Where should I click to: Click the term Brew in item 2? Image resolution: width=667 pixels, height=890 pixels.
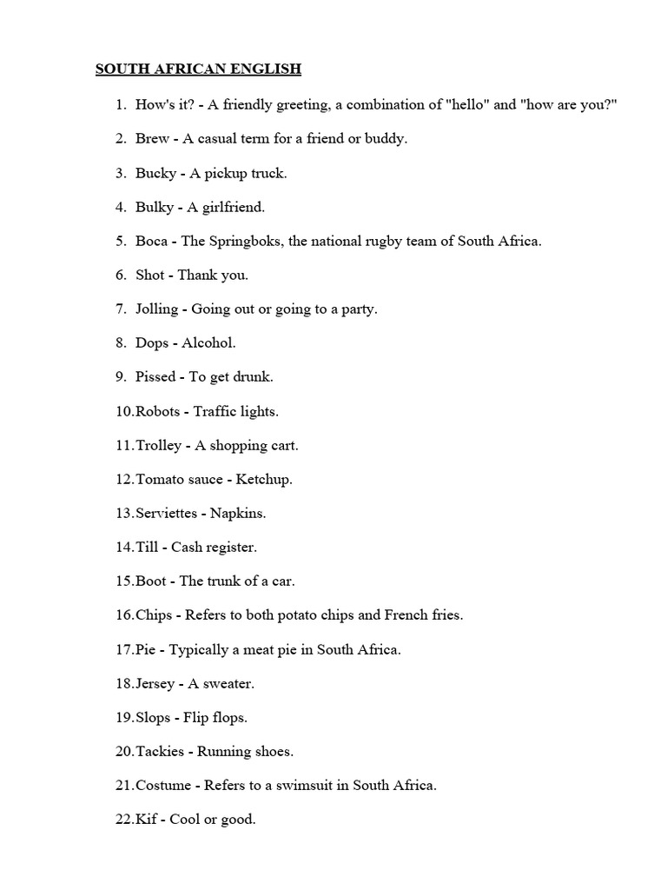(152, 139)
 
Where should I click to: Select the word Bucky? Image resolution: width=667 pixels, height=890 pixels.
(155, 173)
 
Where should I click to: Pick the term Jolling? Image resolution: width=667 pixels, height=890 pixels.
(156, 309)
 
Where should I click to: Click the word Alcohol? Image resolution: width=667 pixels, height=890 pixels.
(208, 343)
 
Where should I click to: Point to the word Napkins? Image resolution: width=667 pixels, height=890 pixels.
(238, 513)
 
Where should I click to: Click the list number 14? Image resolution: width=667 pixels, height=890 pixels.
(124, 548)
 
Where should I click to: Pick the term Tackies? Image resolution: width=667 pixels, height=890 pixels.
(160, 752)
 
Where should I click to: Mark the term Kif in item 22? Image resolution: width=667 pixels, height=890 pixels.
(147, 820)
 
